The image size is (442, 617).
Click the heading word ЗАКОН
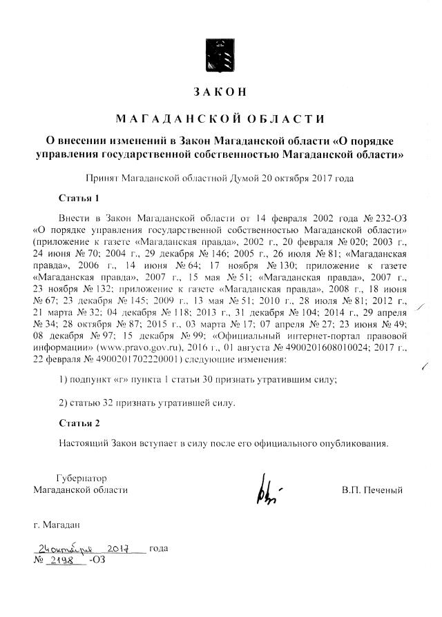tap(220, 92)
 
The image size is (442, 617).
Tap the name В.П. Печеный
tap(372, 490)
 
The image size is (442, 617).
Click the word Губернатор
tap(81, 478)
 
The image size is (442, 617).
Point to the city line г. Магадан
tap(61, 526)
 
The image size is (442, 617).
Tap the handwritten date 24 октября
tap(64, 549)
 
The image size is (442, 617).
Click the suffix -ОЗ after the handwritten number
tap(97, 560)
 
